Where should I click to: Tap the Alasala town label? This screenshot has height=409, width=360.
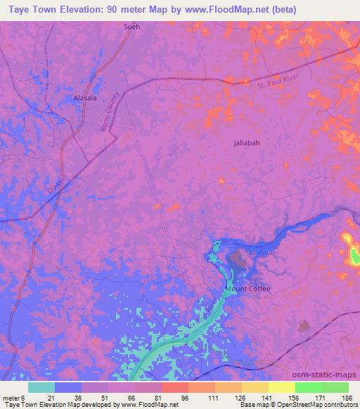point(84,99)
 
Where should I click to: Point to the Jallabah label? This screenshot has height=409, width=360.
point(247,143)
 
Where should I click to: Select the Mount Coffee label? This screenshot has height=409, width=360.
point(247,289)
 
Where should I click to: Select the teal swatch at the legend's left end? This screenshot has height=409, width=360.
point(41,387)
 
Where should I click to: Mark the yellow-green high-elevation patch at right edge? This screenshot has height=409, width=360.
point(351,249)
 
